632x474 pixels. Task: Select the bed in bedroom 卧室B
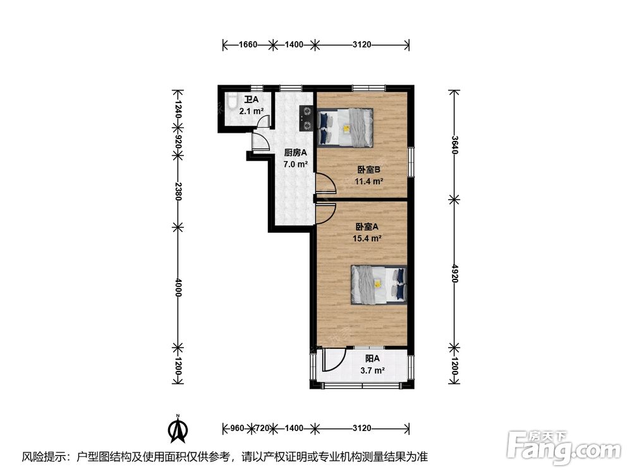(346, 128)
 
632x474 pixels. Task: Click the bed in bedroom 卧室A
(379, 284)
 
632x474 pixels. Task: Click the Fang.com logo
(564, 447)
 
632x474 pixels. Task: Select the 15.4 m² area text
(367, 238)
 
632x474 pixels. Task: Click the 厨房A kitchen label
(295, 153)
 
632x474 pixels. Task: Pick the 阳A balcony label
(372, 358)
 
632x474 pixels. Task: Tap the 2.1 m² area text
(252, 111)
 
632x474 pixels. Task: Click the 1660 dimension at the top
(248, 44)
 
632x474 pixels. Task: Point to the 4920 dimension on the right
(454, 273)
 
